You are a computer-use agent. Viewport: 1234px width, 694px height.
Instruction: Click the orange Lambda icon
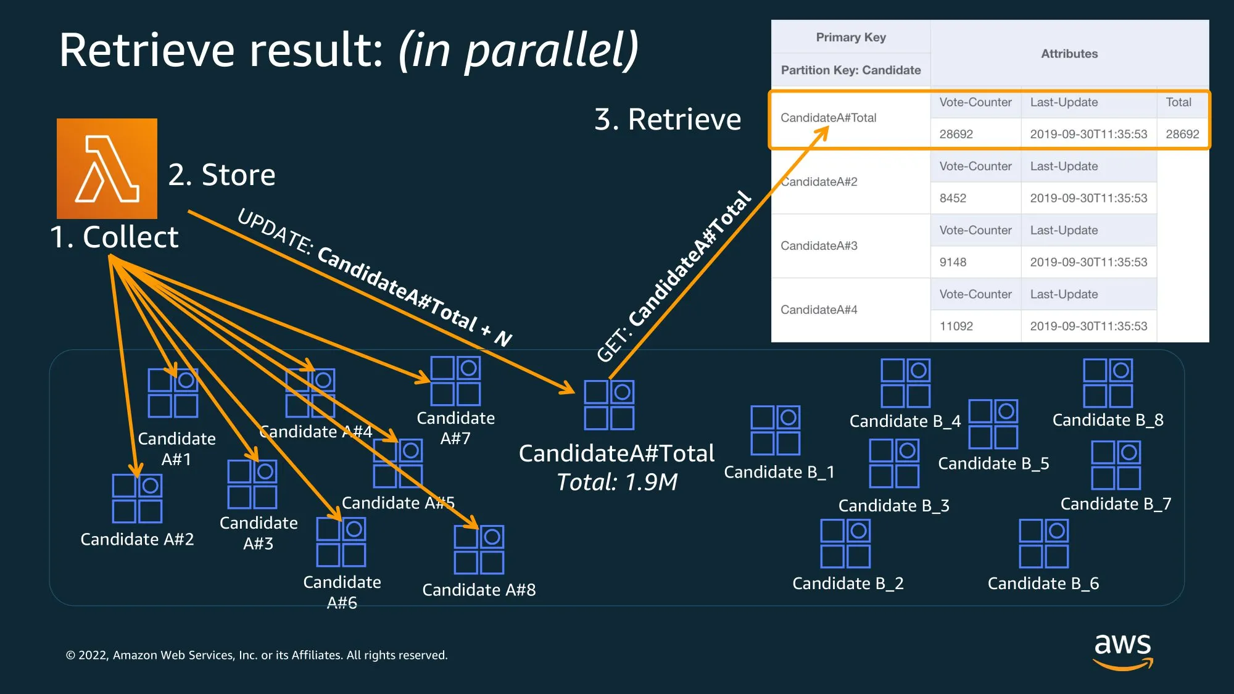click(107, 168)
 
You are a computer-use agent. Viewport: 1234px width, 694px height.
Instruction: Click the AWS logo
click(1122, 651)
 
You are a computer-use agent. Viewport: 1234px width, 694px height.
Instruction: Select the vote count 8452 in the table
click(953, 198)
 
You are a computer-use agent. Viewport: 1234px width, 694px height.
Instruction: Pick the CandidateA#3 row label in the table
click(819, 246)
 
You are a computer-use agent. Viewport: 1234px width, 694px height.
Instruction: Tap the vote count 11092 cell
click(956, 326)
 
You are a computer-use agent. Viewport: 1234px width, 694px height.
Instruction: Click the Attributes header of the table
click(1069, 54)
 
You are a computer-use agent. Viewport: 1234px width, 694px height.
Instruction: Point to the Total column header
click(1178, 102)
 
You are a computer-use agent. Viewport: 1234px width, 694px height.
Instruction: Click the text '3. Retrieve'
click(667, 119)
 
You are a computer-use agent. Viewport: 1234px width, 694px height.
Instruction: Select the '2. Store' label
click(222, 175)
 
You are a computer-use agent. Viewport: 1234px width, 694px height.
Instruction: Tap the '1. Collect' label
click(114, 237)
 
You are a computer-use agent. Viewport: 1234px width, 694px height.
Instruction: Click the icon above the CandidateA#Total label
click(609, 405)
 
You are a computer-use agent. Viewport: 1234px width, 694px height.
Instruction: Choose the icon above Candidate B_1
click(775, 430)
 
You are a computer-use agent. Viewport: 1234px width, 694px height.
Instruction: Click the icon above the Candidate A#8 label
click(479, 550)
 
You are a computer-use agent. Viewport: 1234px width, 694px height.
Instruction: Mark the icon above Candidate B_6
click(1043, 543)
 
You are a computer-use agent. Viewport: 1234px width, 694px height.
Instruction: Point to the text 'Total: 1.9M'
click(617, 482)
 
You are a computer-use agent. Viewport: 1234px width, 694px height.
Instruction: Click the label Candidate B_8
click(1108, 420)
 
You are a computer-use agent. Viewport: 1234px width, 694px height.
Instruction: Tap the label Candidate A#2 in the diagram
click(137, 539)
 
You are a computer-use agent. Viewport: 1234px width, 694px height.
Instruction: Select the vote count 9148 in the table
click(953, 262)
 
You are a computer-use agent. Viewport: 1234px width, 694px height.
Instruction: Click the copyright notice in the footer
click(257, 655)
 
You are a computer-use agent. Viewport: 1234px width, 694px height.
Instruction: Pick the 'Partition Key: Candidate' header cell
click(850, 70)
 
